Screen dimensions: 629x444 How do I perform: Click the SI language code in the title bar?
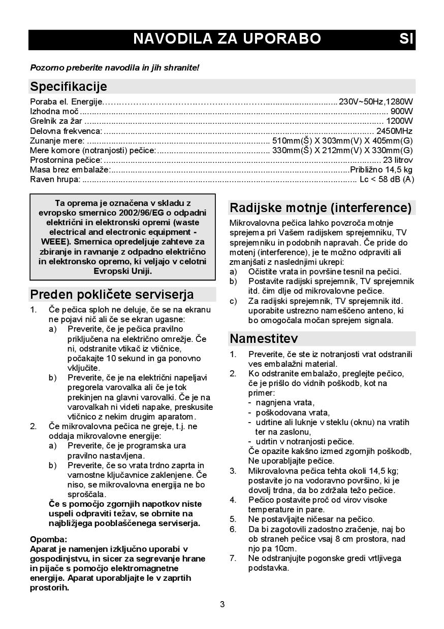tap(406, 39)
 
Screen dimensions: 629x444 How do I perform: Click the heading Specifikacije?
tap(69, 86)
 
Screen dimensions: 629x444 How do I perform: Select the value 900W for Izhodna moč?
tap(401, 112)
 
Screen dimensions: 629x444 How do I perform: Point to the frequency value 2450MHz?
tap(394, 131)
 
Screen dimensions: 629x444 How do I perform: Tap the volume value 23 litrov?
tap(397, 160)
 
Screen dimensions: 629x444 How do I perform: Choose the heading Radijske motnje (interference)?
tap(321, 207)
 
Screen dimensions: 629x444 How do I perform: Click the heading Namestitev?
tap(264, 338)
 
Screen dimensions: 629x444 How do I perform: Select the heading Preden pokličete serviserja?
tap(112, 294)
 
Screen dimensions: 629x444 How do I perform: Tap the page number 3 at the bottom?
tap(222, 604)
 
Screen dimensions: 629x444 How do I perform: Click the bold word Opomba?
tap(49, 539)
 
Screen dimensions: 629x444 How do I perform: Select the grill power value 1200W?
tap(399, 121)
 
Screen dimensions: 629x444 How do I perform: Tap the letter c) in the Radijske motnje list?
tap(233, 301)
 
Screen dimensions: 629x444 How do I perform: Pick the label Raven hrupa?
tap(55, 179)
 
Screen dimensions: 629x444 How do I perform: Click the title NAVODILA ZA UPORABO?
tap(227, 39)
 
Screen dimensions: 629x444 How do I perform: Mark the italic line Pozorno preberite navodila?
tap(115, 67)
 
